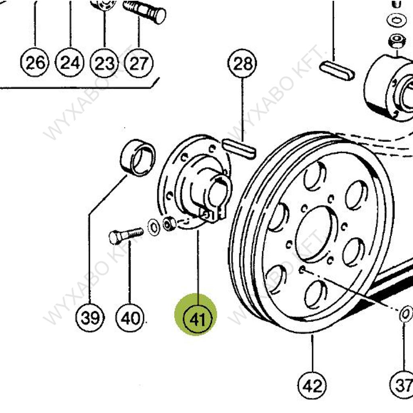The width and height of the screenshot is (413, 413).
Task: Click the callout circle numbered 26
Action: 35,63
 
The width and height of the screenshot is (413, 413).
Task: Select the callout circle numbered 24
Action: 70,63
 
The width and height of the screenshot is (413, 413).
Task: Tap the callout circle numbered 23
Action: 104,63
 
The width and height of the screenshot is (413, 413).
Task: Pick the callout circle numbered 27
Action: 139,63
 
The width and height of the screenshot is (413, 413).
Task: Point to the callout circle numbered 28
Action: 242,64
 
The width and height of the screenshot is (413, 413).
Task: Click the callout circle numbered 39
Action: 90,318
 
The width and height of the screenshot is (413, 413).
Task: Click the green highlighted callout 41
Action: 196,319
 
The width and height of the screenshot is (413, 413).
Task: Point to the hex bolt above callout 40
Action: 125,235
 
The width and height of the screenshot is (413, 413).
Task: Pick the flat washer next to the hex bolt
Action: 154,227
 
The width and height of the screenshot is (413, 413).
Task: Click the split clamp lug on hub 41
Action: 214,214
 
